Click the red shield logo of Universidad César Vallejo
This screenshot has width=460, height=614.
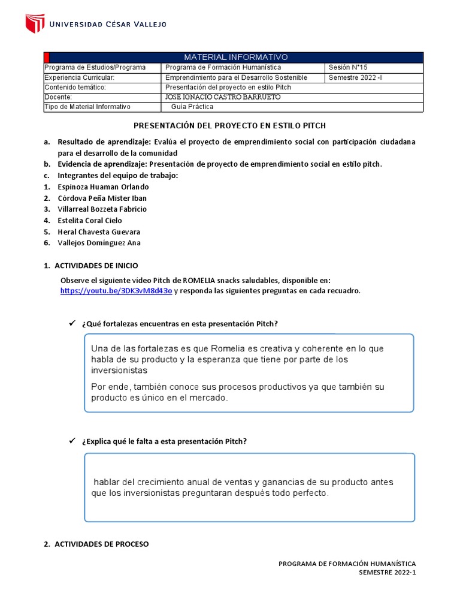[x=35, y=24]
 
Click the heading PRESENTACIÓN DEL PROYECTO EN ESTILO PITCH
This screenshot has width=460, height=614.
[x=229, y=125]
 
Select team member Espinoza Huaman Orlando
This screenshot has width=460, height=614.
[x=103, y=186]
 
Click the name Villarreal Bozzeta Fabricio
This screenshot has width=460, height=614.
[x=102, y=209]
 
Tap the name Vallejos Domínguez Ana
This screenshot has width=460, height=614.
[x=99, y=243]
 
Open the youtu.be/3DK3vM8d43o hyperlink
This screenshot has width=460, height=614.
[x=116, y=291]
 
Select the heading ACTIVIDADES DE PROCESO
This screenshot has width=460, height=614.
[x=101, y=544]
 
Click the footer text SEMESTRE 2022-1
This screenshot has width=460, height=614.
[x=386, y=573]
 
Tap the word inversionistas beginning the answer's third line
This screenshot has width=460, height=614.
[x=119, y=371]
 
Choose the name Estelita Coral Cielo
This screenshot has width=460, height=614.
[x=89, y=221]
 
